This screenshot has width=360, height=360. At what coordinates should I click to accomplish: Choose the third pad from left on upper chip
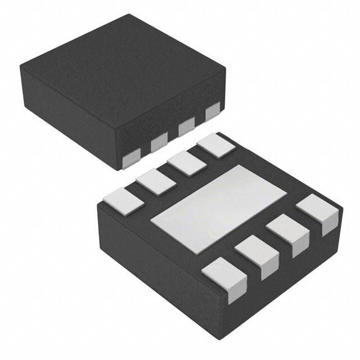pos(186,128)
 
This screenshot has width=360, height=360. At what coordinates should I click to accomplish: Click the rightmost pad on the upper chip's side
pos(213,112)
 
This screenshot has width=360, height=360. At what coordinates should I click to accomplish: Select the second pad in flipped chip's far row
pos(155,182)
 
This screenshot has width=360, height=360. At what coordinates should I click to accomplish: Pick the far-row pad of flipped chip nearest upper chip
pos(217,145)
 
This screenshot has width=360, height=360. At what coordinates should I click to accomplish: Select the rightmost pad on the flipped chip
pos(318,212)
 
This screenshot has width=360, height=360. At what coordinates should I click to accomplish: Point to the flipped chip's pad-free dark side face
pos(157,264)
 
